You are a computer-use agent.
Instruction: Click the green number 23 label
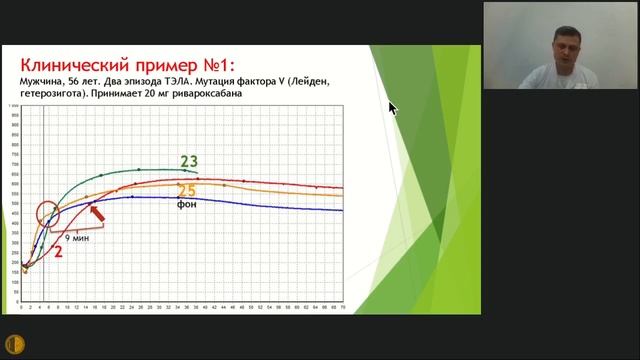[x=189, y=160]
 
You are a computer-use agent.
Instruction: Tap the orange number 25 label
[x=186, y=190]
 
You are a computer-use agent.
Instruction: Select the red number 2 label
[x=59, y=251]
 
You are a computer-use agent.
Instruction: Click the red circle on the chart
[x=47, y=214]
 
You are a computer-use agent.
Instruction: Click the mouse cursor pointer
[x=392, y=107]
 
